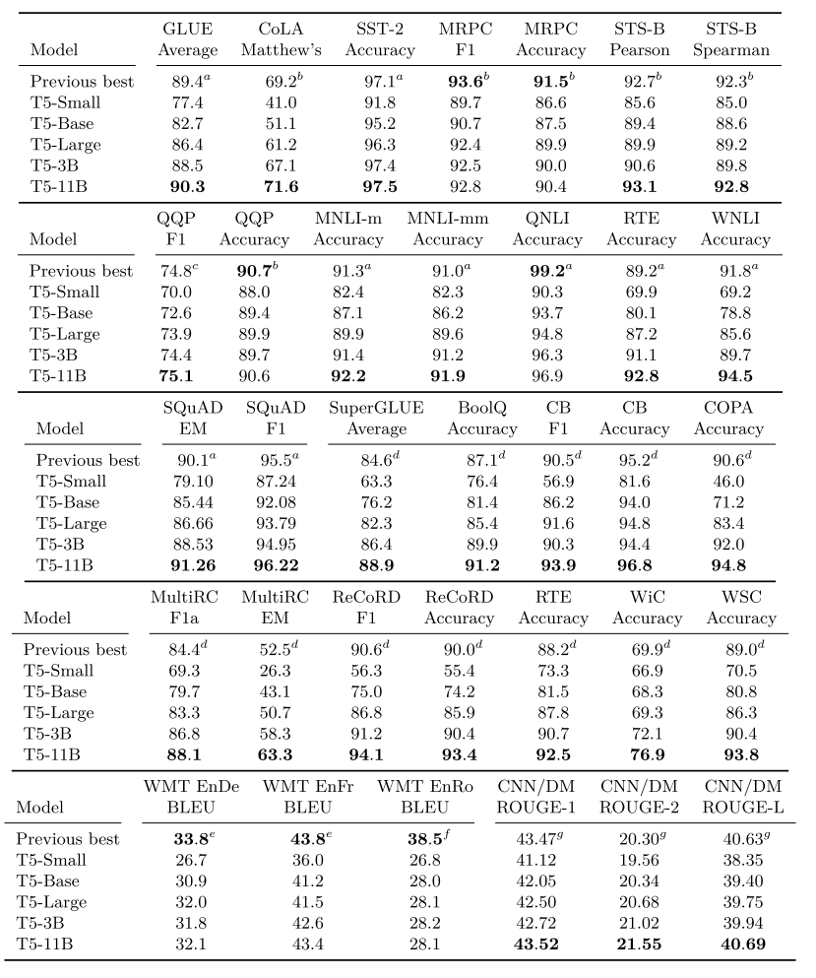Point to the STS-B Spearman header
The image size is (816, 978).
[x=730, y=39]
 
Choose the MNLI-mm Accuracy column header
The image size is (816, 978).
[x=448, y=229]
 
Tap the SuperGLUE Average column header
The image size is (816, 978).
[x=368, y=419]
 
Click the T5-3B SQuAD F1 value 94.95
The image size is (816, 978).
[x=268, y=545]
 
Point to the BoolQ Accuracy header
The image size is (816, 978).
[x=481, y=419]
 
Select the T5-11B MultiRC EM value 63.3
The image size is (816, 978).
[x=274, y=754]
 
